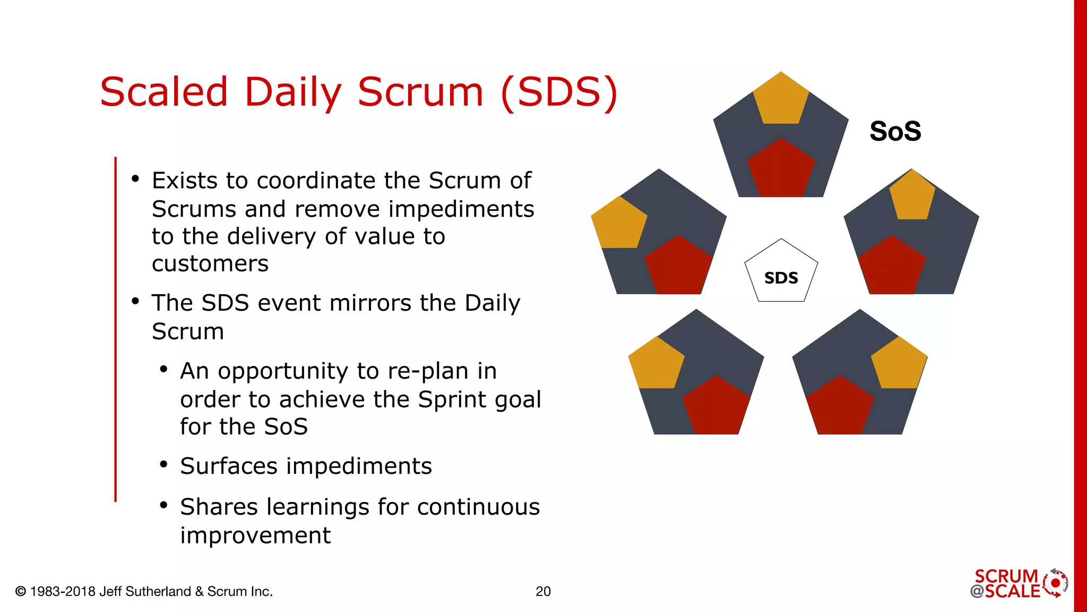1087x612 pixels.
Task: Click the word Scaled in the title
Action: [x=164, y=92]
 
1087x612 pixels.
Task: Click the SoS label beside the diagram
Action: [x=895, y=131]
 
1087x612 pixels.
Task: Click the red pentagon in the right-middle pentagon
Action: [x=892, y=267]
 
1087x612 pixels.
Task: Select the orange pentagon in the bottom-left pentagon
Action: [x=656, y=364]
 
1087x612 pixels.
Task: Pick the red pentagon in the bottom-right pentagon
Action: [x=840, y=407]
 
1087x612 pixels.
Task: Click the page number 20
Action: [x=543, y=591]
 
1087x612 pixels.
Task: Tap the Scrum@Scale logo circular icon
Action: [x=1055, y=583]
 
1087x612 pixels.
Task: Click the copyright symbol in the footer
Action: [x=21, y=591]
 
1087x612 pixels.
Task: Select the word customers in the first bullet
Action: [x=210, y=264]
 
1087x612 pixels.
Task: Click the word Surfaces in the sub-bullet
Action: [x=229, y=466]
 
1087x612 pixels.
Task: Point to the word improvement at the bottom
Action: [x=255, y=535]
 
